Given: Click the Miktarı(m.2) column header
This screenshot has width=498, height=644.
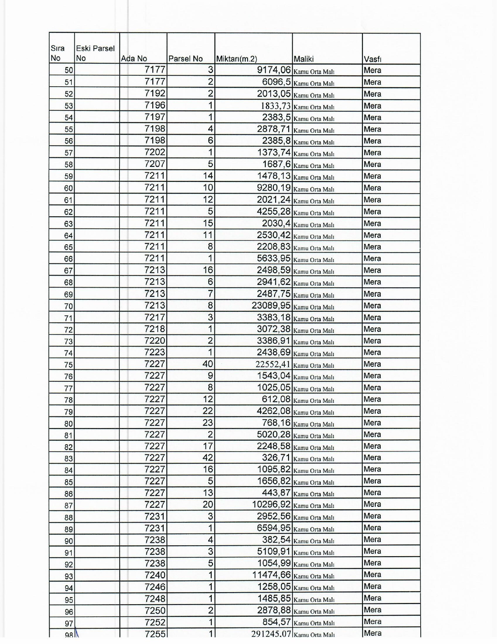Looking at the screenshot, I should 237,59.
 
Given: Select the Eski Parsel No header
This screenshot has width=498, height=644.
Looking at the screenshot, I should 95,53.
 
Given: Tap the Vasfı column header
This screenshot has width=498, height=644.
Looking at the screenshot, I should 372,59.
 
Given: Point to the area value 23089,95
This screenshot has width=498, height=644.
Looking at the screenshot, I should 271,305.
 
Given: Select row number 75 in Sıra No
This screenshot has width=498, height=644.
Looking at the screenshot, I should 69,365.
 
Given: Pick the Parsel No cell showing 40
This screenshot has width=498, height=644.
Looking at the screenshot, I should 208,364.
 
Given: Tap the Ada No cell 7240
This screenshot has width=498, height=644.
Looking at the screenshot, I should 155,575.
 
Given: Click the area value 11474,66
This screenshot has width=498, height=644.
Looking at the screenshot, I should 271,575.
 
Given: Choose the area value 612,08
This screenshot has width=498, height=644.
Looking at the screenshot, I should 276,399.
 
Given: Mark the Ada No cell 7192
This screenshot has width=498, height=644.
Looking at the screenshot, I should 155,94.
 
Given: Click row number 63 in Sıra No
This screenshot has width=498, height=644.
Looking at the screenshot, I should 69,224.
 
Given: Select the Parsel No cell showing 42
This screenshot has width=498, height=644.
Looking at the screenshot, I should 208,458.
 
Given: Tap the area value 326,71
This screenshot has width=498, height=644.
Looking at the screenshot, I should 276,458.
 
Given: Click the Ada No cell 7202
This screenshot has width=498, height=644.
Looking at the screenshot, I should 155,153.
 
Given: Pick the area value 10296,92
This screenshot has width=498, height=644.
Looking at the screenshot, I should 271,505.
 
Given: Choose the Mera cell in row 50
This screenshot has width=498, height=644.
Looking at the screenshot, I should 372,71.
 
